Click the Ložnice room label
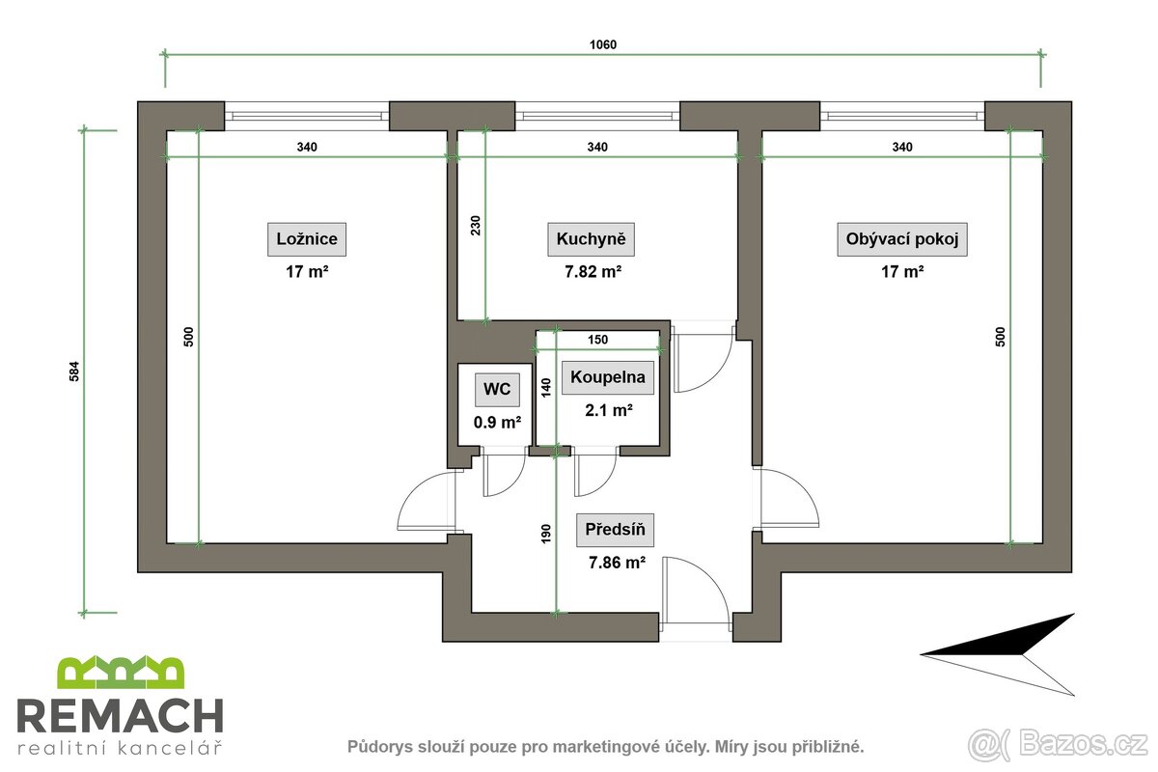click(307, 239)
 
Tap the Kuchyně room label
click(592, 239)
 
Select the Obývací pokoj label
click(901, 239)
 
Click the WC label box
click(497, 391)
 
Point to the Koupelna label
click(608, 377)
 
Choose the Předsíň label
click(615, 529)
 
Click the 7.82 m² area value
click(592, 272)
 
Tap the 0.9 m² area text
click(497, 423)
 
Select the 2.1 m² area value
click(608, 410)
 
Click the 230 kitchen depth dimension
click(475, 226)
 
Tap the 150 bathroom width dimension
click(597, 340)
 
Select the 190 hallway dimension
click(546, 533)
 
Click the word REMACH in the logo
click(121, 716)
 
